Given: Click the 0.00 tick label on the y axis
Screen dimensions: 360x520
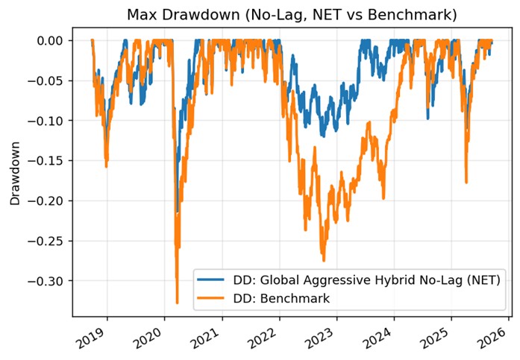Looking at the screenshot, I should [51, 40].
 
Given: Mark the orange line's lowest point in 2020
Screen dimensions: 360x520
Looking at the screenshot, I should [177, 303].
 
